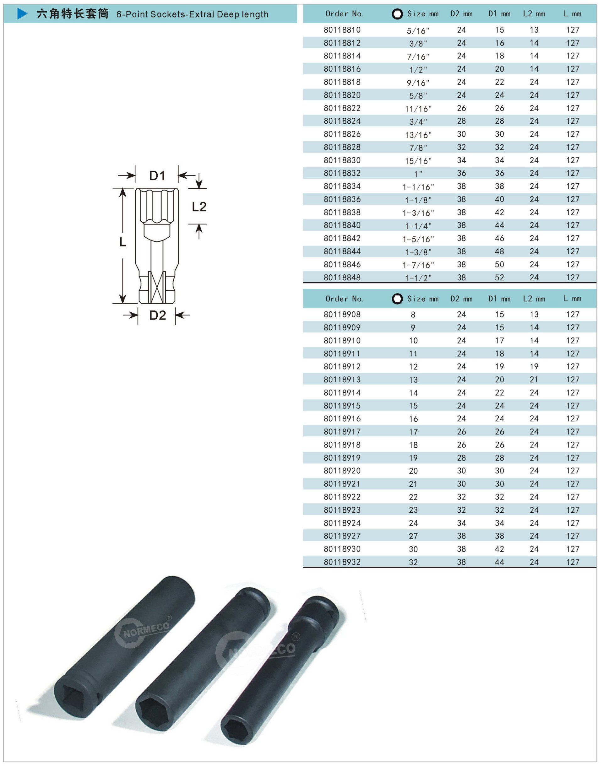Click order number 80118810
(x=342, y=30)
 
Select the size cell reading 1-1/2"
(x=418, y=278)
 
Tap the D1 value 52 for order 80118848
(x=499, y=278)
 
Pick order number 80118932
(x=342, y=562)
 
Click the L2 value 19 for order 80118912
(x=534, y=367)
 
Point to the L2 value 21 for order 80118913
(x=534, y=380)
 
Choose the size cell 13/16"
(x=418, y=135)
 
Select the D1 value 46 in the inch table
(x=499, y=239)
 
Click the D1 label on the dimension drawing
(x=157, y=175)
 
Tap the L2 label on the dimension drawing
(x=199, y=207)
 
